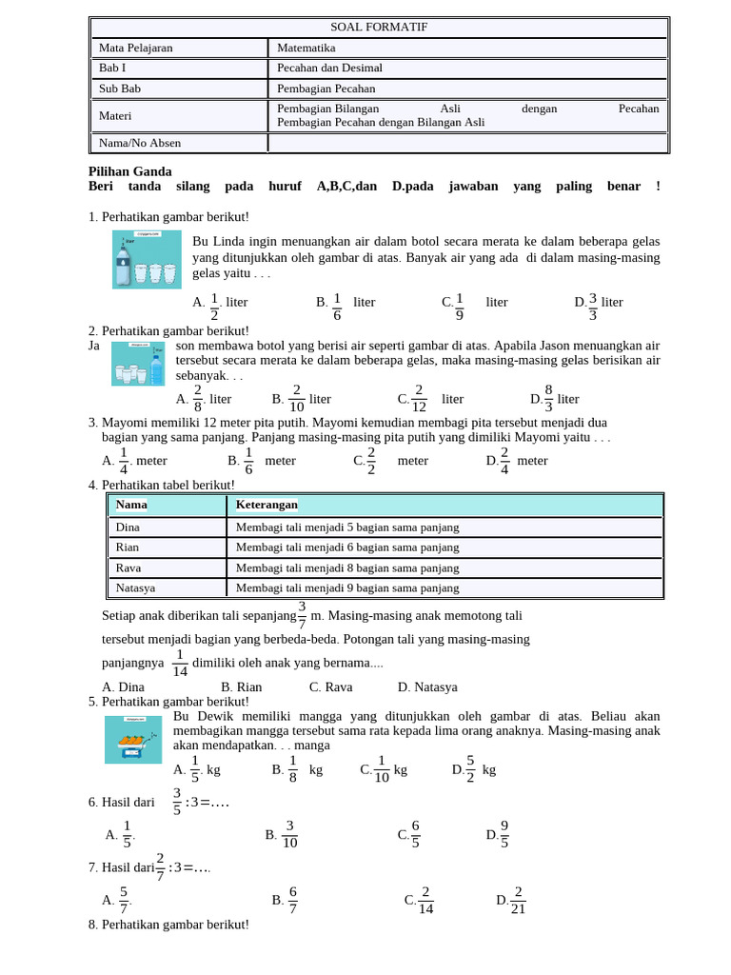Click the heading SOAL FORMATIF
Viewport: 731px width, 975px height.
point(379,27)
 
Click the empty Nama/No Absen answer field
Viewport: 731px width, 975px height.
point(467,143)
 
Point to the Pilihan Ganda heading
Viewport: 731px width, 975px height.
point(130,171)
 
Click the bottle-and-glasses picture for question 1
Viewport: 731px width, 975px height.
point(147,259)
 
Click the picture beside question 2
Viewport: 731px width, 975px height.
point(138,364)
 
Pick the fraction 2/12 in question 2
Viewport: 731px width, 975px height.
point(419,399)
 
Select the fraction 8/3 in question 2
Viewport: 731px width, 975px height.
point(548,399)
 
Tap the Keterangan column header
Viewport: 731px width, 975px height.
point(267,504)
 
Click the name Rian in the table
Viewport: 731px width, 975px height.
point(128,547)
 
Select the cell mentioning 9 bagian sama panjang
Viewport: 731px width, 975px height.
point(347,588)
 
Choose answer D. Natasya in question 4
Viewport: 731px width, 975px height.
point(427,686)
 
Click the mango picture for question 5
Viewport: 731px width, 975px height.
point(133,740)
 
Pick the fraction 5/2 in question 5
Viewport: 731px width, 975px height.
point(470,769)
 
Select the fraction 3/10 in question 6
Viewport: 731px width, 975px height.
point(289,835)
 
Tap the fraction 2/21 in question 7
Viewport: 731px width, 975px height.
point(518,900)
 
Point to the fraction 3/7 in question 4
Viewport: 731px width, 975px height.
point(302,615)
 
